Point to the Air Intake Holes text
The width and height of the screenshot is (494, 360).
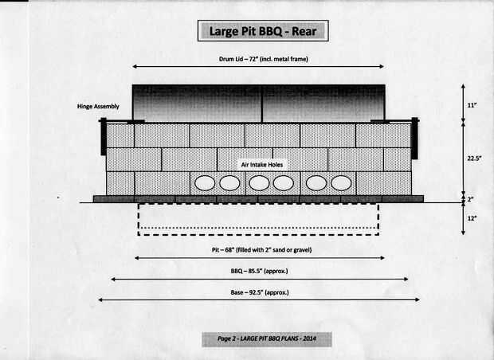(x=264, y=164)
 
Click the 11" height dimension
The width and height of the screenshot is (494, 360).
(x=472, y=104)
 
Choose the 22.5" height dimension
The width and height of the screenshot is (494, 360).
(x=474, y=158)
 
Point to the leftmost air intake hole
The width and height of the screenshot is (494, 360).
(x=205, y=183)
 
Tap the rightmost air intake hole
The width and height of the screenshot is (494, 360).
(x=342, y=183)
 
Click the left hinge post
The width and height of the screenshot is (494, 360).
(x=103, y=136)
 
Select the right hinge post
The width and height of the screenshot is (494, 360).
(x=414, y=136)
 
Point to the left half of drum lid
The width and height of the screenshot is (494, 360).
(x=196, y=104)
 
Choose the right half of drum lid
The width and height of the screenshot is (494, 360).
(x=323, y=104)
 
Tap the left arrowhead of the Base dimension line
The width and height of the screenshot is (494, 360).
(x=100, y=300)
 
